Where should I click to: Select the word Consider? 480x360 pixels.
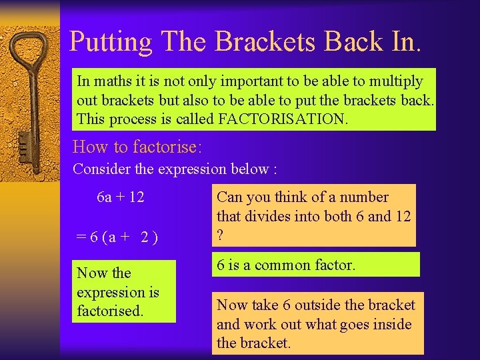[x=101, y=169]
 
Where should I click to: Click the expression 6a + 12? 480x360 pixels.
[x=121, y=197]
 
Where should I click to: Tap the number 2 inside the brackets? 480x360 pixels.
[x=145, y=238]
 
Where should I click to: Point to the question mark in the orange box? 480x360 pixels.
[x=221, y=235]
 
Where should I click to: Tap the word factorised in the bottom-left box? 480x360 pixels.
[x=110, y=311]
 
